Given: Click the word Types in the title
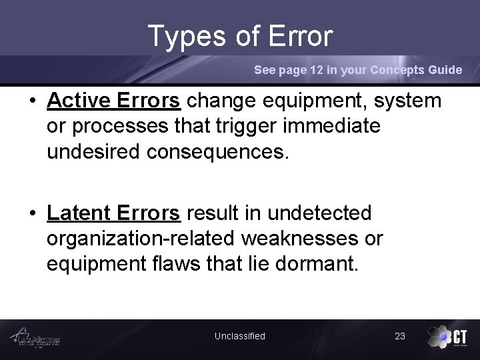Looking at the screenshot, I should (188, 37).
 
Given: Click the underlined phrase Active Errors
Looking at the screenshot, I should (114, 101).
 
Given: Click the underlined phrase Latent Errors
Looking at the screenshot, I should (113, 213).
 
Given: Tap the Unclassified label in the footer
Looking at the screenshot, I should (239, 336).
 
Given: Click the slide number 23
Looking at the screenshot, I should (400, 336).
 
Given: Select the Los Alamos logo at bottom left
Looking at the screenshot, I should (39, 338).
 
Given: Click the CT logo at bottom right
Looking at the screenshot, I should (448, 337).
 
